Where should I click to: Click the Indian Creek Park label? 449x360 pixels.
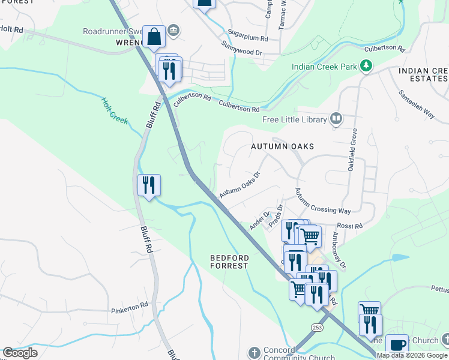click(324, 67)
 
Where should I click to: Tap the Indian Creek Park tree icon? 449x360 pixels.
click(366, 67)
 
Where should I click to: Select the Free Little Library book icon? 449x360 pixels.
click(336, 119)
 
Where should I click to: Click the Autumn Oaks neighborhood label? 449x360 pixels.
click(282, 146)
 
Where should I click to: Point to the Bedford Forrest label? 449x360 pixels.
click(229, 262)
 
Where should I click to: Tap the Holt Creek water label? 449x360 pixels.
click(115, 111)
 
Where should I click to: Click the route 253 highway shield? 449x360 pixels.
click(317, 326)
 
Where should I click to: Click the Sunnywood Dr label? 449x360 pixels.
click(242, 49)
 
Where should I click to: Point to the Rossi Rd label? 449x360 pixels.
click(350, 226)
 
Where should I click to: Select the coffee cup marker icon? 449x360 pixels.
click(397, 345)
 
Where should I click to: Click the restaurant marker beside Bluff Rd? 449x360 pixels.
click(149, 184)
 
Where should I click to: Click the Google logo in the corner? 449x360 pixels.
click(20, 353)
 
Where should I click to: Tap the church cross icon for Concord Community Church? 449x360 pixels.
click(254, 352)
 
